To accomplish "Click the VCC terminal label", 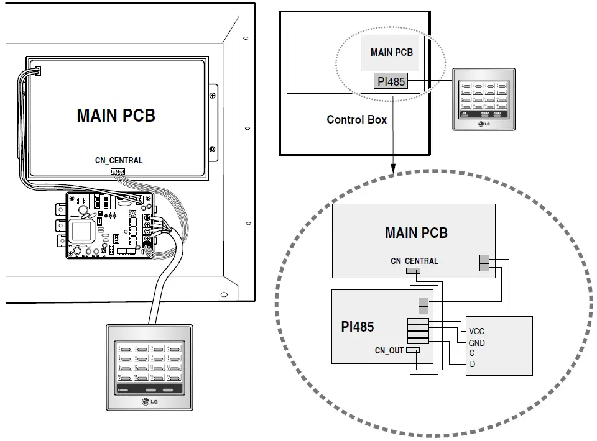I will coord(477,332).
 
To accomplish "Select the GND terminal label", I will coord(477,343).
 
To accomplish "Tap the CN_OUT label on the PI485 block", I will coord(389,351).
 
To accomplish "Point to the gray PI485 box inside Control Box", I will coord(391,81).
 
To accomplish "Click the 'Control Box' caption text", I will coord(356,120).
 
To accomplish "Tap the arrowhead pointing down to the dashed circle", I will coord(392,168).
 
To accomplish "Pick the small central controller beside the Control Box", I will coord(483,99).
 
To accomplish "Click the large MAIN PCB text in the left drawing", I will coord(116,116).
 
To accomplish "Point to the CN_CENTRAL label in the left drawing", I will coord(119,160).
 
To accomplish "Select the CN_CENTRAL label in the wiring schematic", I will coord(414,261).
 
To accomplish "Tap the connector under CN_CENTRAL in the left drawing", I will coord(117,171).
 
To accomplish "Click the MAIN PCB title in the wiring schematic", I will coord(416,233).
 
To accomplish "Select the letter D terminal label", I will coord(473,364).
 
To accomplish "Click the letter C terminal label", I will coord(473,353).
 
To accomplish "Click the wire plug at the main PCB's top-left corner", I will coord(37,71).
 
